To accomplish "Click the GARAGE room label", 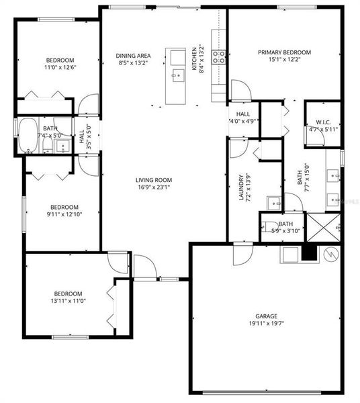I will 266,316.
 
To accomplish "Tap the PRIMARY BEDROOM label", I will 285,52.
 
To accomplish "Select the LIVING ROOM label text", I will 154,180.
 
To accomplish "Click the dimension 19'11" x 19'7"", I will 266,323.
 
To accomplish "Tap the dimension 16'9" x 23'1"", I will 154,187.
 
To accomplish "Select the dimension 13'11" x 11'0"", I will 68,301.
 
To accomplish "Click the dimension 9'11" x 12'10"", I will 62,214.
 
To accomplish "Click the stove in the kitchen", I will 219,57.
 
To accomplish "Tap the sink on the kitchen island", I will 177,74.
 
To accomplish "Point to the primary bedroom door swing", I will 240,89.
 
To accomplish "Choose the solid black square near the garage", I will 308,252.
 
